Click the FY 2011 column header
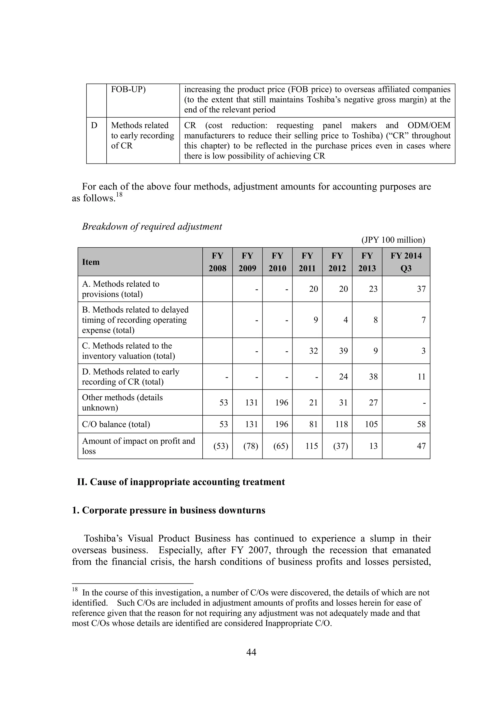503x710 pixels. tap(307, 262)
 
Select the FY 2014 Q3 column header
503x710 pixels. tap(406, 262)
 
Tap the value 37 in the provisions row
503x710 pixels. tap(421, 289)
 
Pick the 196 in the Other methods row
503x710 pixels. tap(281, 402)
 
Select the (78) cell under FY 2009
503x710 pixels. tap(251, 446)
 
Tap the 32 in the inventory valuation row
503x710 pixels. tap(313, 351)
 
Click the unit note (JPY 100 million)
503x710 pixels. tap(393, 240)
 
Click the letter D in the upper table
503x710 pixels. tap(94, 125)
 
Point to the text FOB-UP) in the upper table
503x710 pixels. tap(128, 89)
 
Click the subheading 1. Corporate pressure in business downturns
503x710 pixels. tap(168, 510)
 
